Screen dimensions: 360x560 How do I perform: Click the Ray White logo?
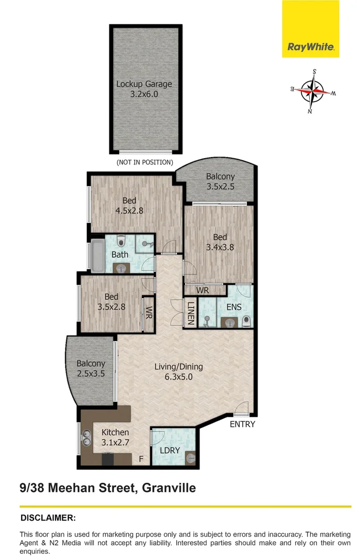click(310, 29)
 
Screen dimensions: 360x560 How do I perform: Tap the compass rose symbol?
click(312, 91)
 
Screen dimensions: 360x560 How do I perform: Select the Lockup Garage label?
click(144, 89)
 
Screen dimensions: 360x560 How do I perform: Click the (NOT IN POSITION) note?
click(145, 162)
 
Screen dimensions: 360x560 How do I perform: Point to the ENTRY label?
click(242, 424)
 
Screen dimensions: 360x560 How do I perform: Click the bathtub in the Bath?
click(98, 255)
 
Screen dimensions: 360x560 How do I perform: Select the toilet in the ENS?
click(246, 321)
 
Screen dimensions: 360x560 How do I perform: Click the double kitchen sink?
click(86, 439)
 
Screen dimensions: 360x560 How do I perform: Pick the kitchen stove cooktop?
click(108, 459)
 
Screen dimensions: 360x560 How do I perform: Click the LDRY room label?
click(170, 451)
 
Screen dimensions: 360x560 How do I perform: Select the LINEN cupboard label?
click(191, 313)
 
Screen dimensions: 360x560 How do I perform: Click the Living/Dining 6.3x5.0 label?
click(178, 371)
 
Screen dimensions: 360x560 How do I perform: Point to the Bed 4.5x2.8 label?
click(129, 206)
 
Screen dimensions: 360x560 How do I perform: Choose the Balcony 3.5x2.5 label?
click(220, 181)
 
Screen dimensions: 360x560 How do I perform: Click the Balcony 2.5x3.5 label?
click(91, 369)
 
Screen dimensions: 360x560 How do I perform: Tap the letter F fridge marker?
click(141, 459)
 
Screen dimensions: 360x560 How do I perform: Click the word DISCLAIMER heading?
click(48, 518)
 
